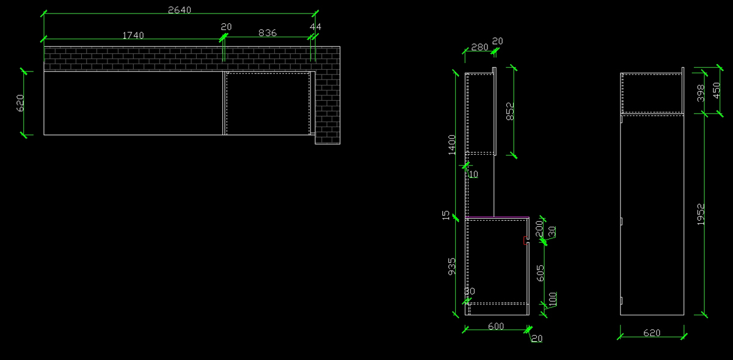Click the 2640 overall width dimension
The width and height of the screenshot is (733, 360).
pos(180,10)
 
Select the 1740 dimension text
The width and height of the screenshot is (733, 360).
pos(133,35)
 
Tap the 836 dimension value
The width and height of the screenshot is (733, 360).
pos(268,32)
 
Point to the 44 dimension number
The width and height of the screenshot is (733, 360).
pos(315,27)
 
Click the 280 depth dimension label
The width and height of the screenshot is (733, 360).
pos(480,47)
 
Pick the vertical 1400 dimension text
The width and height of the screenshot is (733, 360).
pos(452,145)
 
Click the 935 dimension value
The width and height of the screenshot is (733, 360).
pos(452,266)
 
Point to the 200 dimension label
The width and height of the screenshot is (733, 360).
pos(539,227)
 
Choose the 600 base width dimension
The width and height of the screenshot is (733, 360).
pos(495,326)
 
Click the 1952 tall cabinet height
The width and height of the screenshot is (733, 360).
pos(701,215)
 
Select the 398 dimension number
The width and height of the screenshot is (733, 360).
pos(701,93)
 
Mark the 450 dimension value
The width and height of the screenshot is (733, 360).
pos(717,89)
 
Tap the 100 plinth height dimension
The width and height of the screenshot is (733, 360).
pos(553,299)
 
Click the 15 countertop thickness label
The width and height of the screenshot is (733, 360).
pos(446,215)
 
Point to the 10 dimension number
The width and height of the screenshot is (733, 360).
pos(473,174)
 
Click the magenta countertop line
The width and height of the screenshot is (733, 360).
pos(497,216)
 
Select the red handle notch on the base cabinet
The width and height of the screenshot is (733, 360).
pos(525,240)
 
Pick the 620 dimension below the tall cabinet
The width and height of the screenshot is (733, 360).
pos(652,333)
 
